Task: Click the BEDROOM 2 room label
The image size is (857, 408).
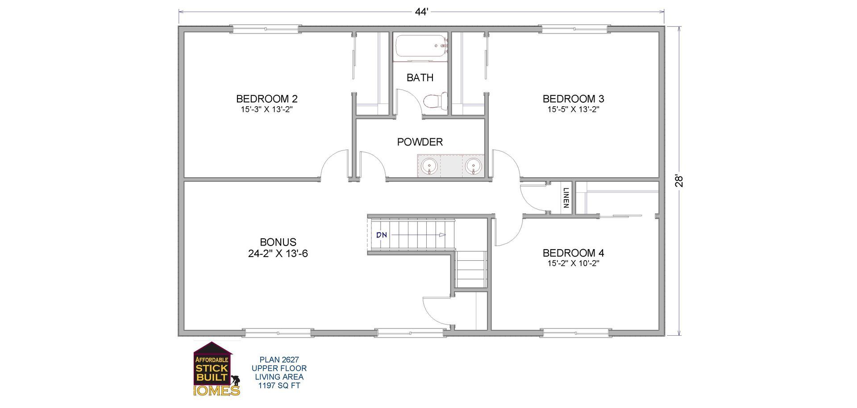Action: click(x=266, y=99)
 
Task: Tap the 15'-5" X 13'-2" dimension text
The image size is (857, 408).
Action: click(x=573, y=109)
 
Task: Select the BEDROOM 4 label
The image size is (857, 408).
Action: click(x=573, y=253)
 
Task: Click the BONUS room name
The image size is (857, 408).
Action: click(x=278, y=242)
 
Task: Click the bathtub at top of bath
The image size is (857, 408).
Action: click(x=420, y=47)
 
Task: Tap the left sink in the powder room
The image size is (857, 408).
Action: click(x=429, y=166)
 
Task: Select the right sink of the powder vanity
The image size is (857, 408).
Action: click(x=473, y=166)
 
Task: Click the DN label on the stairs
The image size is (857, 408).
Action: click(x=381, y=235)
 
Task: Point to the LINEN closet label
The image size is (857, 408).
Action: click(x=566, y=198)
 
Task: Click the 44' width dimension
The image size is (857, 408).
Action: click(x=421, y=12)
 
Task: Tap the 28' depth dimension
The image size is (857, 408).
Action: click(x=679, y=180)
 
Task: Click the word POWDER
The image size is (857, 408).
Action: click(x=420, y=142)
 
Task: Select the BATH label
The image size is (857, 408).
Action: click(x=420, y=78)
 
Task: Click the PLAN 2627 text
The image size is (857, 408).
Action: click(x=279, y=359)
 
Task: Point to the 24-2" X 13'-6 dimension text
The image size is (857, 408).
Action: click(x=278, y=254)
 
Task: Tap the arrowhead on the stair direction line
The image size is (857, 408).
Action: click(x=442, y=235)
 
